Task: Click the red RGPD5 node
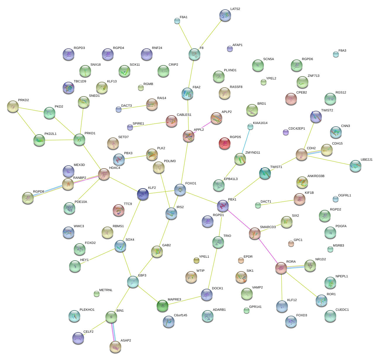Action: click(225, 143)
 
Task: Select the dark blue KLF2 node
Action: click(143, 194)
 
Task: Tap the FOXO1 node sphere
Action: click(180, 190)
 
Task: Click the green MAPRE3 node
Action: click(163, 306)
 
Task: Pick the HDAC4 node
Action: click(104, 174)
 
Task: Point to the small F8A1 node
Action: click(177, 21)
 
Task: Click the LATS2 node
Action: click(225, 15)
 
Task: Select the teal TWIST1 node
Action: click(265, 173)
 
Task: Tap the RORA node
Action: click(281, 268)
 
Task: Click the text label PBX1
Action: click(232, 200)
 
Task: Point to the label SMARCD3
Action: click(268, 227)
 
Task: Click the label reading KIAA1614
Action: click(260, 123)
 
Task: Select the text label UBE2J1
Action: click(366, 160)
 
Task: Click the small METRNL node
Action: click(97, 294)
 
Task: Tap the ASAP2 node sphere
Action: click(115, 347)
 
